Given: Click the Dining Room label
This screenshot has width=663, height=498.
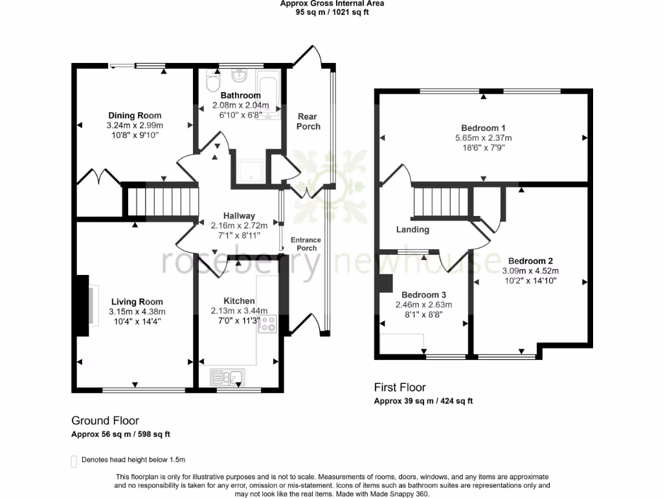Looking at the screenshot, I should pos(135,115).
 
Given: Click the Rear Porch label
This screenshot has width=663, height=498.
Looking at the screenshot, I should pos(308,121).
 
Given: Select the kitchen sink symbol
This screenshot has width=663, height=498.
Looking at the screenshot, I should pos(226,375).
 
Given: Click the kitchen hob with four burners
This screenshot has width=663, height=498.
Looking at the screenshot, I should pos(267,324).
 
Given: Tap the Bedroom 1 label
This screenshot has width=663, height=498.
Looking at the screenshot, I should pos(483,128).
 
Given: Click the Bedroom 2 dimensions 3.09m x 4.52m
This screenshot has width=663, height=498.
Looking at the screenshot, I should pos(530,271).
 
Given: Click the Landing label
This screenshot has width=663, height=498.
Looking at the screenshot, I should pos(412,230).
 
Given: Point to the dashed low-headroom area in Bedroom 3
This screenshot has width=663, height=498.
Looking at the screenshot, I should pos(401,344).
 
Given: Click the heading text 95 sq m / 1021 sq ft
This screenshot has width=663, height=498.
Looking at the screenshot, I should pos(331,12).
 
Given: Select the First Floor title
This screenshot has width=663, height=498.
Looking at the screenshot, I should pos(399,388).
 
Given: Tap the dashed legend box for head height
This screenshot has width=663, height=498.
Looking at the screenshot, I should pos(73,461).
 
